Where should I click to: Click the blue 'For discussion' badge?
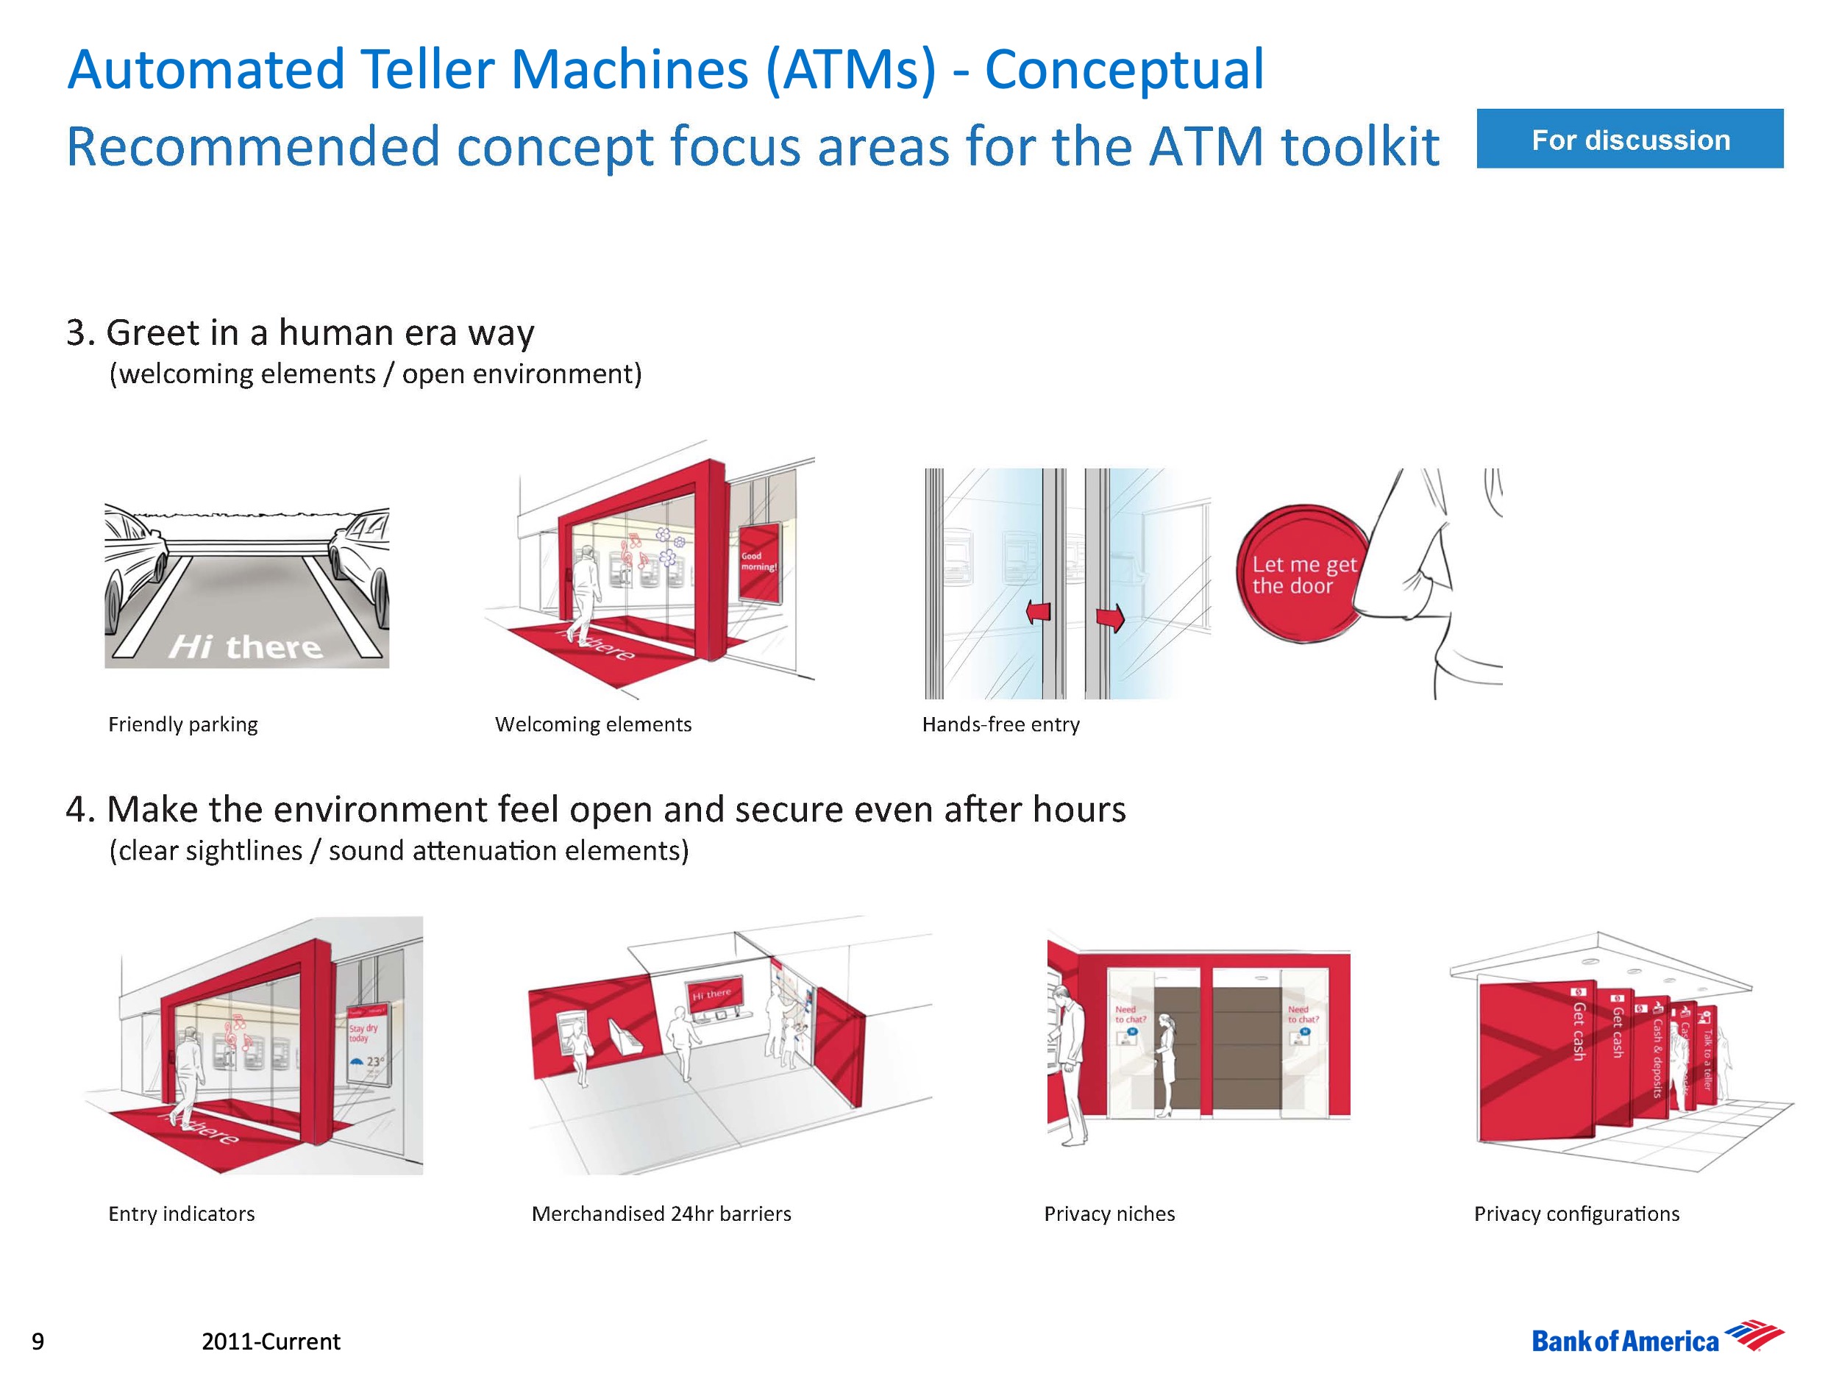tap(1629, 139)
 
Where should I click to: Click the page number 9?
tap(38, 1341)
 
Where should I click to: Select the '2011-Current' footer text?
tap(270, 1341)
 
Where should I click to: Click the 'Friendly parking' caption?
tap(183, 724)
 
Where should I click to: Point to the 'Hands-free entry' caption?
tap(1000, 724)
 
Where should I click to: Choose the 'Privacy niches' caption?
tap(1109, 1214)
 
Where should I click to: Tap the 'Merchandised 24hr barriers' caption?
tap(661, 1214)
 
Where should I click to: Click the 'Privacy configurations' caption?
tap(1576, 1214)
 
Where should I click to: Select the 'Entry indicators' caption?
tap(181, 1214)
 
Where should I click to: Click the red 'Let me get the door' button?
tap(1301, 574)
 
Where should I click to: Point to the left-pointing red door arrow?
tap(1039, 613)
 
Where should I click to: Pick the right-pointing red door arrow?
tap(1110, 618)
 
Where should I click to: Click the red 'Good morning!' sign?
tap(759, 562)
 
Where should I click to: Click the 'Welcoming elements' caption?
tap(593, 724)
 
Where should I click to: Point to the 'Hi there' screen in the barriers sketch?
tap(713, 994)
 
